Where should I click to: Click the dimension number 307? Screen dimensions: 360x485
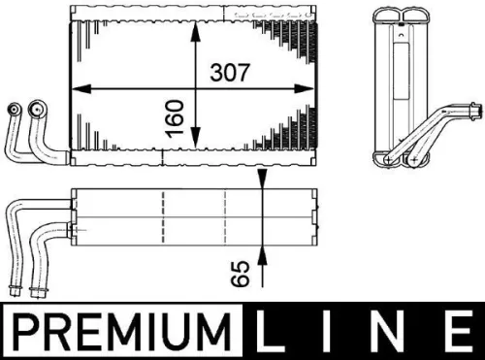(x=231, y=71)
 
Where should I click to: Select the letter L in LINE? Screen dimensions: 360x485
(x=273, y=333)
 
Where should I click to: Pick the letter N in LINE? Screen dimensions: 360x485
(x=389, y=333)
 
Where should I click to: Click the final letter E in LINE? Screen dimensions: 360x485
(x=453, y=333)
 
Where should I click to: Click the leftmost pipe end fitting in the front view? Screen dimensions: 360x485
(x=12, y=109)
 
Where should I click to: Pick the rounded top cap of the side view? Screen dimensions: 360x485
(x=400, y=13)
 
